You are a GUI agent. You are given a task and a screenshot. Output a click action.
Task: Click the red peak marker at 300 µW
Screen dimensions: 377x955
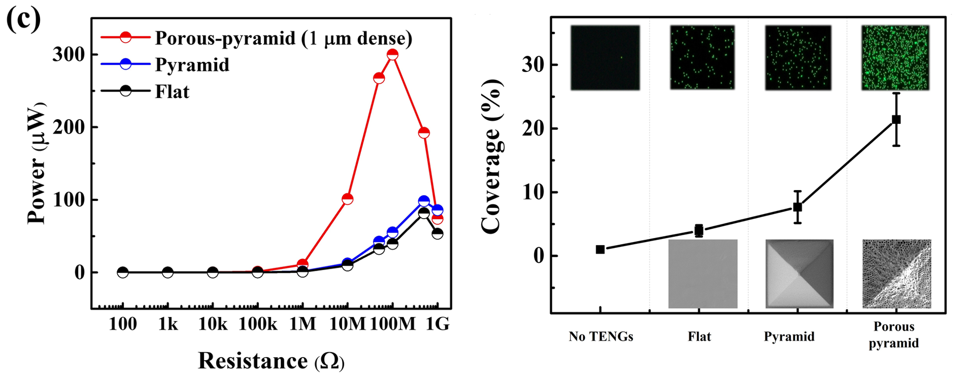point(393,54)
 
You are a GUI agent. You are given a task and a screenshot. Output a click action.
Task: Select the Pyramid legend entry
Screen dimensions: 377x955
point(192,65)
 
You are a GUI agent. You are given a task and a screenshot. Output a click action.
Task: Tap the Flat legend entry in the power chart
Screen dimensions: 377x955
point(172,92)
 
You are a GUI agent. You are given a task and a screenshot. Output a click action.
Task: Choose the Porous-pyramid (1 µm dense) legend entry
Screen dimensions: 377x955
point(283,37)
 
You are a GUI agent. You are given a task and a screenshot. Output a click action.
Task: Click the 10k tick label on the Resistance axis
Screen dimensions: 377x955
point(212,324)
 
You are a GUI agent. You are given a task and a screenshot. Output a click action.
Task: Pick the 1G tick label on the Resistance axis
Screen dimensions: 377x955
point(438,324)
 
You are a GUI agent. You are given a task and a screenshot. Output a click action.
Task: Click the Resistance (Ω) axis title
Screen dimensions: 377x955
point(271,361)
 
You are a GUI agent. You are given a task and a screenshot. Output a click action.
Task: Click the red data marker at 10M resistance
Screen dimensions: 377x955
point(347,199)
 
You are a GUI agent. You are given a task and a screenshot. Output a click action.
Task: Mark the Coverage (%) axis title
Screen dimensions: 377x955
point(491,156)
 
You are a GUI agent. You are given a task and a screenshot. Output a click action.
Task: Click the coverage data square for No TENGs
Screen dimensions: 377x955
point(600,249)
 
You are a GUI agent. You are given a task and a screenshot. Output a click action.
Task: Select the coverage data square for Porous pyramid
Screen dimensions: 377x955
point(896,119)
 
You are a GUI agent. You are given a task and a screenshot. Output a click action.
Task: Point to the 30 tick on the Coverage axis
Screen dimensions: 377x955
point(534,65)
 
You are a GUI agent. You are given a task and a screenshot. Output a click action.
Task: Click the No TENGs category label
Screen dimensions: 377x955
point(601,336)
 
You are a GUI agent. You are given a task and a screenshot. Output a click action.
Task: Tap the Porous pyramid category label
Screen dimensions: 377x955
point(894,334)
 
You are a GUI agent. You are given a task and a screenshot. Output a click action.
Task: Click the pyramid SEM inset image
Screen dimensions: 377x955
point(799,273)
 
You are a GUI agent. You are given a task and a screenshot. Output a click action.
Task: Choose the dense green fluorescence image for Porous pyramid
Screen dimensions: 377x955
point(895,58)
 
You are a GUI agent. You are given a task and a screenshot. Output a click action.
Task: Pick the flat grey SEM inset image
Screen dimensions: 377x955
point(703,273)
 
